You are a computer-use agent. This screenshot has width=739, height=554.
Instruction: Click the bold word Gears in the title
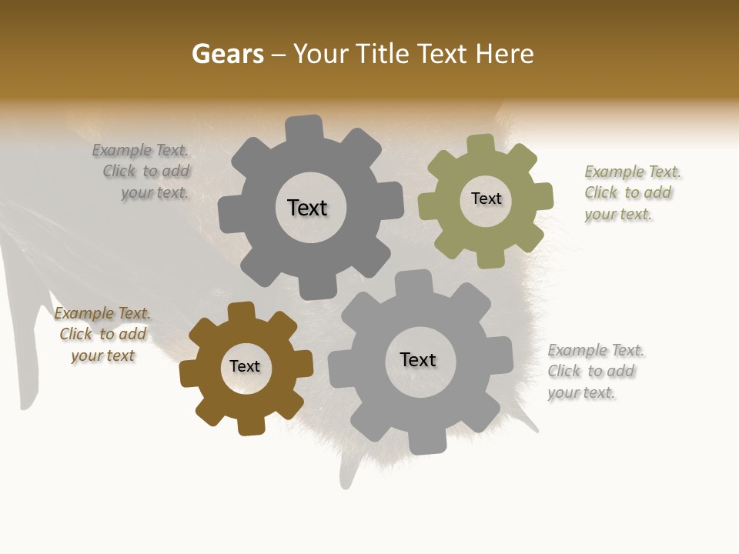tap(227, 54)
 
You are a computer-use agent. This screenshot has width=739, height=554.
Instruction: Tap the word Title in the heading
tap(382, 54)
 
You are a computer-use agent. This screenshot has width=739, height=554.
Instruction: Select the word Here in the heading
tap(504, 54)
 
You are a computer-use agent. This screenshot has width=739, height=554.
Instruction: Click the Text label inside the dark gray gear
tap(307, 208)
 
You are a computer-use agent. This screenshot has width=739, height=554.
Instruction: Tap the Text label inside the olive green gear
tap(486, 199)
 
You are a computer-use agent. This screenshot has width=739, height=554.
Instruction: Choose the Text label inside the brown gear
tap(245, 367)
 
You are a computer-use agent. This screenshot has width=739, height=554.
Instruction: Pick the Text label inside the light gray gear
tap(418, 360)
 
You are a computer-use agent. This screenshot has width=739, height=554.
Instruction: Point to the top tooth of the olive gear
tap(480, 145)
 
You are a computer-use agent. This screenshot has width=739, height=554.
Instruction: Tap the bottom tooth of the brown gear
tap(251, 424)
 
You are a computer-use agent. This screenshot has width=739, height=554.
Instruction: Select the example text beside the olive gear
tap(630, 193)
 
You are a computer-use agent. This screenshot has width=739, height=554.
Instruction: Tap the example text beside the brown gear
tap(102, 335)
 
